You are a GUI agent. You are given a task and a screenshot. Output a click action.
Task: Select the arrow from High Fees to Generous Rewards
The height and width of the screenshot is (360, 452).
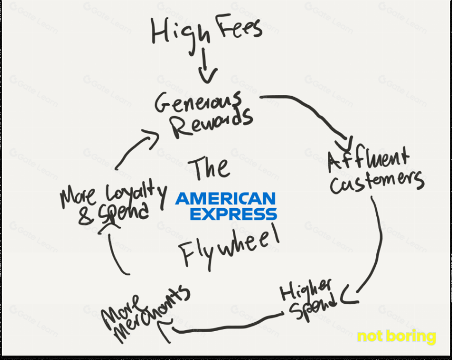pyautogui.click(x=207, y=66)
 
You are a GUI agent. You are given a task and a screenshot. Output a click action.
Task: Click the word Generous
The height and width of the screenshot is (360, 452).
pyautogui.click(x=198, y=102)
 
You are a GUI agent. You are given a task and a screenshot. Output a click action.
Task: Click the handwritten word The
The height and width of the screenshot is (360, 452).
pyautogui.click(x=209, y=168)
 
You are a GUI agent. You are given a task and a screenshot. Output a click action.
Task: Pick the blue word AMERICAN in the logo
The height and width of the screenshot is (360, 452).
pyautogui.click(x=225, y=199)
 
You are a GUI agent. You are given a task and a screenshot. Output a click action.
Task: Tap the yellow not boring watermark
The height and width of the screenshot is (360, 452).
pyautogui.click(x=396, y=336)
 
